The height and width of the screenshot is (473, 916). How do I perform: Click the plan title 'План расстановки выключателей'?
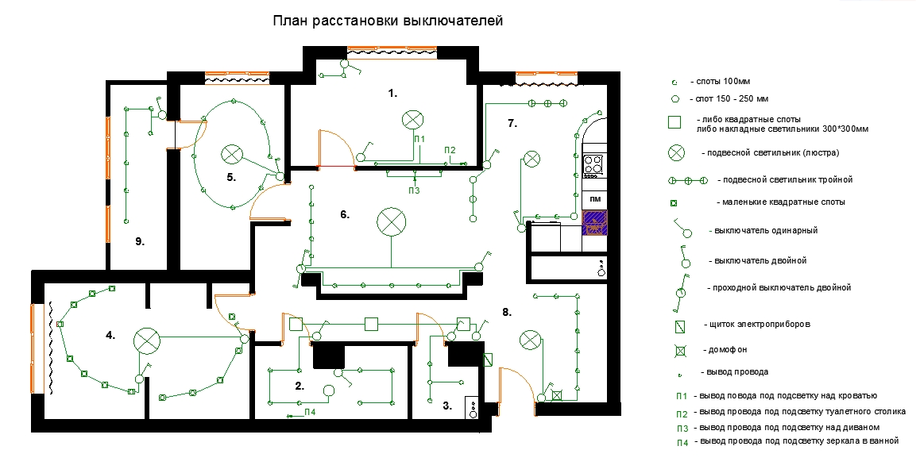[x=388, y=21]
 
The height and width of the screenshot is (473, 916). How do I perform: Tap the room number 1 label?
[x=392, y=93]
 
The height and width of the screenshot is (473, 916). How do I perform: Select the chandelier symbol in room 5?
[x=232, y=155]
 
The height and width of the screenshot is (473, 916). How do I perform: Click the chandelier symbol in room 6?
[x=392, y=222]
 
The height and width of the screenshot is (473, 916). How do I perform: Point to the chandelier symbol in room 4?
[x=147, y=341]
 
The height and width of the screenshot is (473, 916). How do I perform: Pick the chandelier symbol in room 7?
[x=531, y=159]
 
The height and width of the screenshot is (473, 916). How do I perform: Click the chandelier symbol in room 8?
[x=531, y=340]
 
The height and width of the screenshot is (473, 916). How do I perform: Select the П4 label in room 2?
[x=310, y=413]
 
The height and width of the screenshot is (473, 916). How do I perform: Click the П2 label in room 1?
[x=450, y=150]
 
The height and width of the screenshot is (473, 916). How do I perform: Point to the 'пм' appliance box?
[x=595, y=199]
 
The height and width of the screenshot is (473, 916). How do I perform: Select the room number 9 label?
[x=140, y=241]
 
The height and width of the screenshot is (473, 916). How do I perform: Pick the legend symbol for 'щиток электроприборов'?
[x=679, y=327]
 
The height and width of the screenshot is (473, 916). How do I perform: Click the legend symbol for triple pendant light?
[x=687, y=181]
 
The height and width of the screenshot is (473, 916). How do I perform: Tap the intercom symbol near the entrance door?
[x=557, y=395]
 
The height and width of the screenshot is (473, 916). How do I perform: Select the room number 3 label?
[x=447, y=406]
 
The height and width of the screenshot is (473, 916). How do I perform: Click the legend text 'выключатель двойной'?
[x=760, y=260]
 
